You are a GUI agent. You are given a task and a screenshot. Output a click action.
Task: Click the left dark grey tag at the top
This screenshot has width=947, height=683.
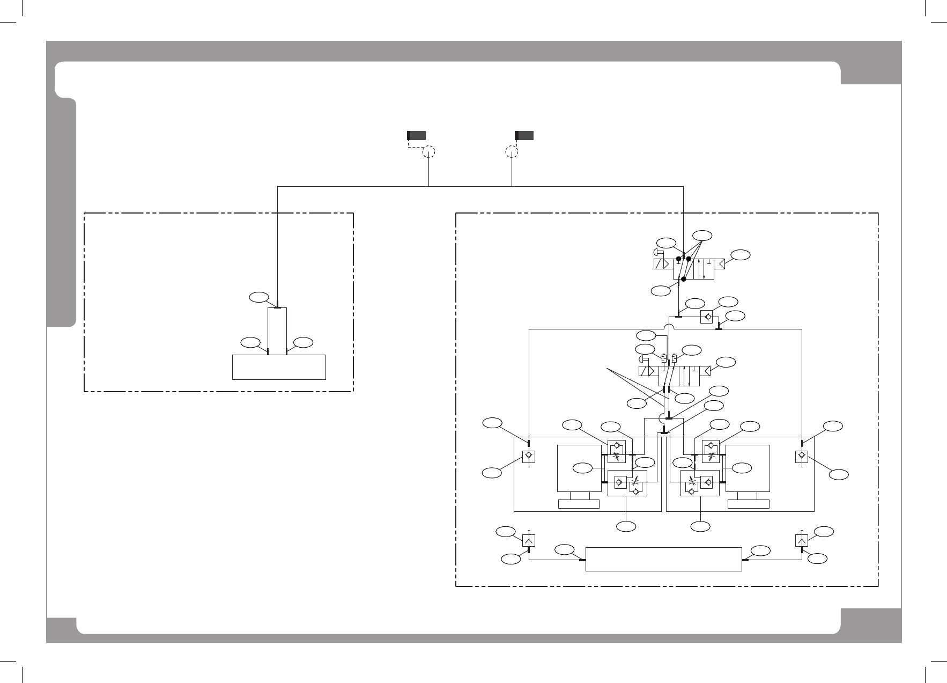coord(417,135)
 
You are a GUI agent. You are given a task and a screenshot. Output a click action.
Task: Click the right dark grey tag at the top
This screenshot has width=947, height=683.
coord(524,135)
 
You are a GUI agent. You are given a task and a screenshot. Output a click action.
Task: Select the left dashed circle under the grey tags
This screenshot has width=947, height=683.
coord(428,152)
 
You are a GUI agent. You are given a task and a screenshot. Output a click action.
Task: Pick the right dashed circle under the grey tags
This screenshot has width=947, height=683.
coord(512,152)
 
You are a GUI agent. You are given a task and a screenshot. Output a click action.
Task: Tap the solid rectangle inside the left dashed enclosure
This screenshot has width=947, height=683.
coord(279,367)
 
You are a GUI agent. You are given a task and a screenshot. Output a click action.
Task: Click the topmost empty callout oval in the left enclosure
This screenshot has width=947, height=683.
coord(258,296)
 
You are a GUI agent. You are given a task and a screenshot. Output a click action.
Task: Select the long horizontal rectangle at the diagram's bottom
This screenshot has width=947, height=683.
coord(663,560)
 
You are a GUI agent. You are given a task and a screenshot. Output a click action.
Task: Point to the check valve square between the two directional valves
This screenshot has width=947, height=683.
coord(706,317)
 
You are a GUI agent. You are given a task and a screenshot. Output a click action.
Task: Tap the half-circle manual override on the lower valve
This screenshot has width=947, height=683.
coord(643,359)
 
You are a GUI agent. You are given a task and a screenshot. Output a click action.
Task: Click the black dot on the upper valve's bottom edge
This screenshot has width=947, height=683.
coord(684,279)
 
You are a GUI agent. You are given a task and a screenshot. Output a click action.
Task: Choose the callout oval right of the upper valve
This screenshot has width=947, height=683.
coord(741,255)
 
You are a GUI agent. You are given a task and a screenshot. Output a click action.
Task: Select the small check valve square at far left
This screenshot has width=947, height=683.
coord(529,457)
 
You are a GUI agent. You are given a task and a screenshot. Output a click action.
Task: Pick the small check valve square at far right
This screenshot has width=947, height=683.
coord(802,457)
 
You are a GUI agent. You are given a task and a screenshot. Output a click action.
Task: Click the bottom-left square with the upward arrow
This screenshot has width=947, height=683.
coord(529,540)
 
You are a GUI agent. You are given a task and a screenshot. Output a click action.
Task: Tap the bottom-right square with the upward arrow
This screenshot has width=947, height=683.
coord(802,540)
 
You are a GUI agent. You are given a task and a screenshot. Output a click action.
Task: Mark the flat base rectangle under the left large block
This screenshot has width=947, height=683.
coord(579,504)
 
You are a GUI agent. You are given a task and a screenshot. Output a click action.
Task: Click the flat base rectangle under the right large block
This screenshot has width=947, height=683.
coord(749,504)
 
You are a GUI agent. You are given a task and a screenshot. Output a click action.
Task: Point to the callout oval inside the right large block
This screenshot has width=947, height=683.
coord(741,468)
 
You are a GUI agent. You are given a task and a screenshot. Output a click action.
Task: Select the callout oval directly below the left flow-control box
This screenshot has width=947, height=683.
coord(625,527)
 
